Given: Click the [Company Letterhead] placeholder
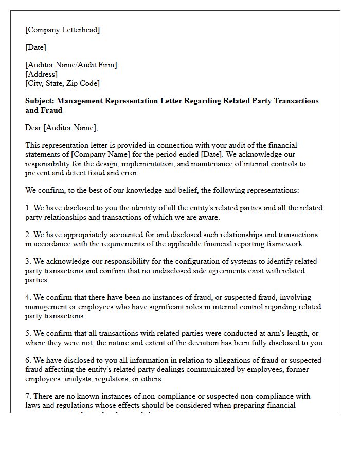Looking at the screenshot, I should (x=62, y=30).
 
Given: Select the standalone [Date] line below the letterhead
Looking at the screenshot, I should (x=35, y=47).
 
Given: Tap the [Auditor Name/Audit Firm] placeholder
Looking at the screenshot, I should (x=71, y=65).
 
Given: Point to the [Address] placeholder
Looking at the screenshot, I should (x=41, y=74).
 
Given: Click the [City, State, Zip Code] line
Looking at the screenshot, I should (x=62, y=83).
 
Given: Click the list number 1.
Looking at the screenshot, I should (x=28, y=208).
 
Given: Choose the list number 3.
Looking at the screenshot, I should (x=28, y=261).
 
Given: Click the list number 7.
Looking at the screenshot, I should (x=28, y=396).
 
